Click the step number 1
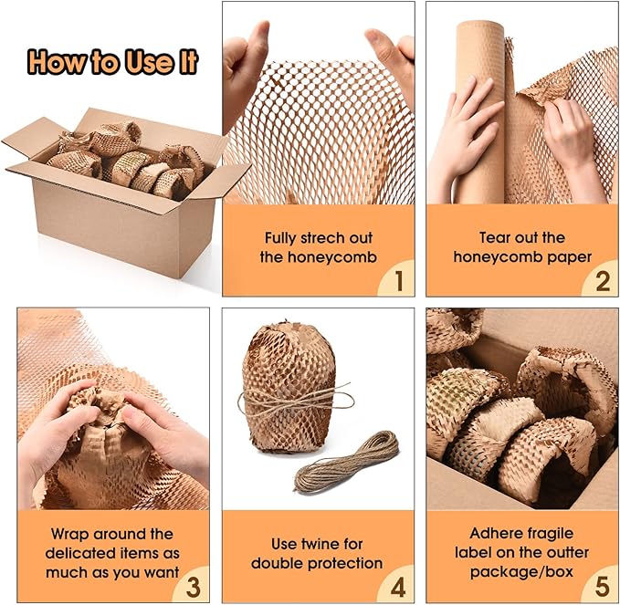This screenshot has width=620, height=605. [399, 280]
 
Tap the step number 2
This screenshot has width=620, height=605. [603, 281]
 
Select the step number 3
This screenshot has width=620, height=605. [193, 587]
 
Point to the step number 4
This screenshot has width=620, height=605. [398, 587]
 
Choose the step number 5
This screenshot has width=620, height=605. [603, 586]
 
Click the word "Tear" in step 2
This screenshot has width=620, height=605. [493, 237]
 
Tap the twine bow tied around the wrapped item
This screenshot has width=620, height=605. [295, 400]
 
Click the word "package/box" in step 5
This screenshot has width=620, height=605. [521, 571]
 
